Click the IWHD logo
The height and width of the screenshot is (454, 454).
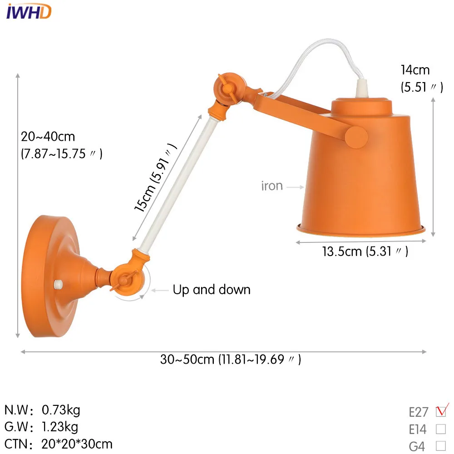pyautogui.click(x=29, y=12)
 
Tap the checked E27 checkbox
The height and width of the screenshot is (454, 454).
pyautogui.click(x=441, y=411)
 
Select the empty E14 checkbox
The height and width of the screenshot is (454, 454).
pyautogui.click(x=441, y=429)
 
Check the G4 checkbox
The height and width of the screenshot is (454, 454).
pyautogui.click(x=441, y=446)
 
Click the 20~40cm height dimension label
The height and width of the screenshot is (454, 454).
pyautogui.click(x=61, y=145)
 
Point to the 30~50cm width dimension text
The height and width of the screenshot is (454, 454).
pyautogui.click(x=231, y=359)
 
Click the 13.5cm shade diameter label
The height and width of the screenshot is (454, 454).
pyautogui.click(x=365, y=252)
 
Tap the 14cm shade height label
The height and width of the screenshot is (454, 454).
pyautogui.click(x=422, y=79)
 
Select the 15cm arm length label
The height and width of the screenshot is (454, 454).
pyautogui.click(x=155, y=178)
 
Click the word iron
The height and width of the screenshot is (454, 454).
pyautogui.click(x=272, y=186)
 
